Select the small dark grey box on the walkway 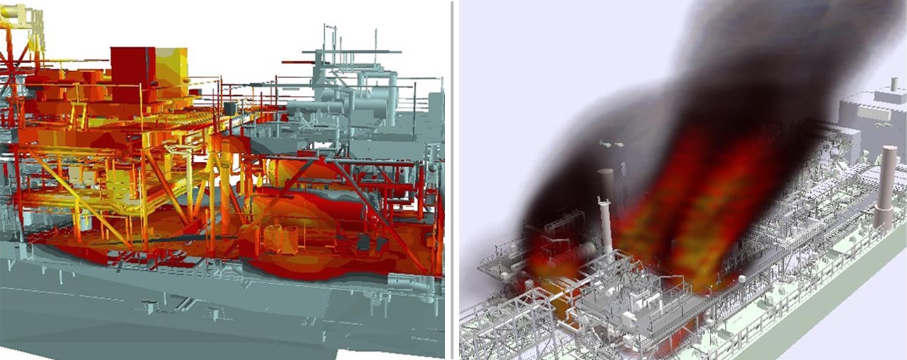230,108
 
